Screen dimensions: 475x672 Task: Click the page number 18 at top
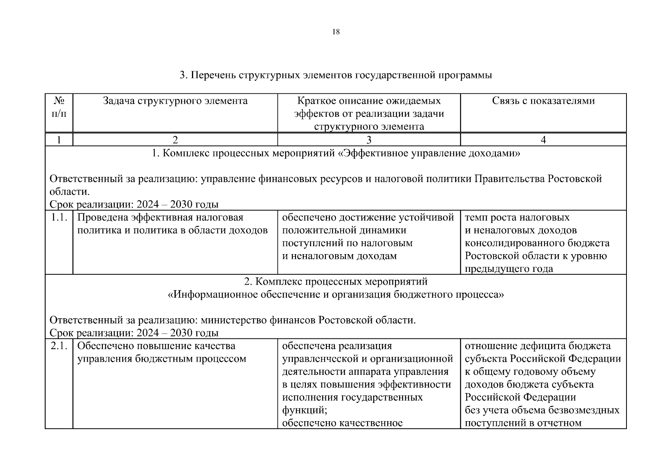(336, 32)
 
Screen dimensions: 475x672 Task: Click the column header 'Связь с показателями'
(543, 101)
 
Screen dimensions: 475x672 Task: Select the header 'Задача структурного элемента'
(175, 101)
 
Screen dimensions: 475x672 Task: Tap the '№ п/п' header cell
(59, 107)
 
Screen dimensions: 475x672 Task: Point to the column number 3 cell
(369, 140)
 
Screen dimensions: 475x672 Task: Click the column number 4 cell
(543, 140)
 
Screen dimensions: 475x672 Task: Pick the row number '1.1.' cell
(59, 218)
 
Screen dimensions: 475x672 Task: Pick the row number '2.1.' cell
(59, 346)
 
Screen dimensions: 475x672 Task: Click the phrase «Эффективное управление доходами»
(430, 154)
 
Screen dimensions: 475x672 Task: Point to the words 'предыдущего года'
(509, 269)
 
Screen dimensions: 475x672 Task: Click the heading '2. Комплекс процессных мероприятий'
(336, 282)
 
